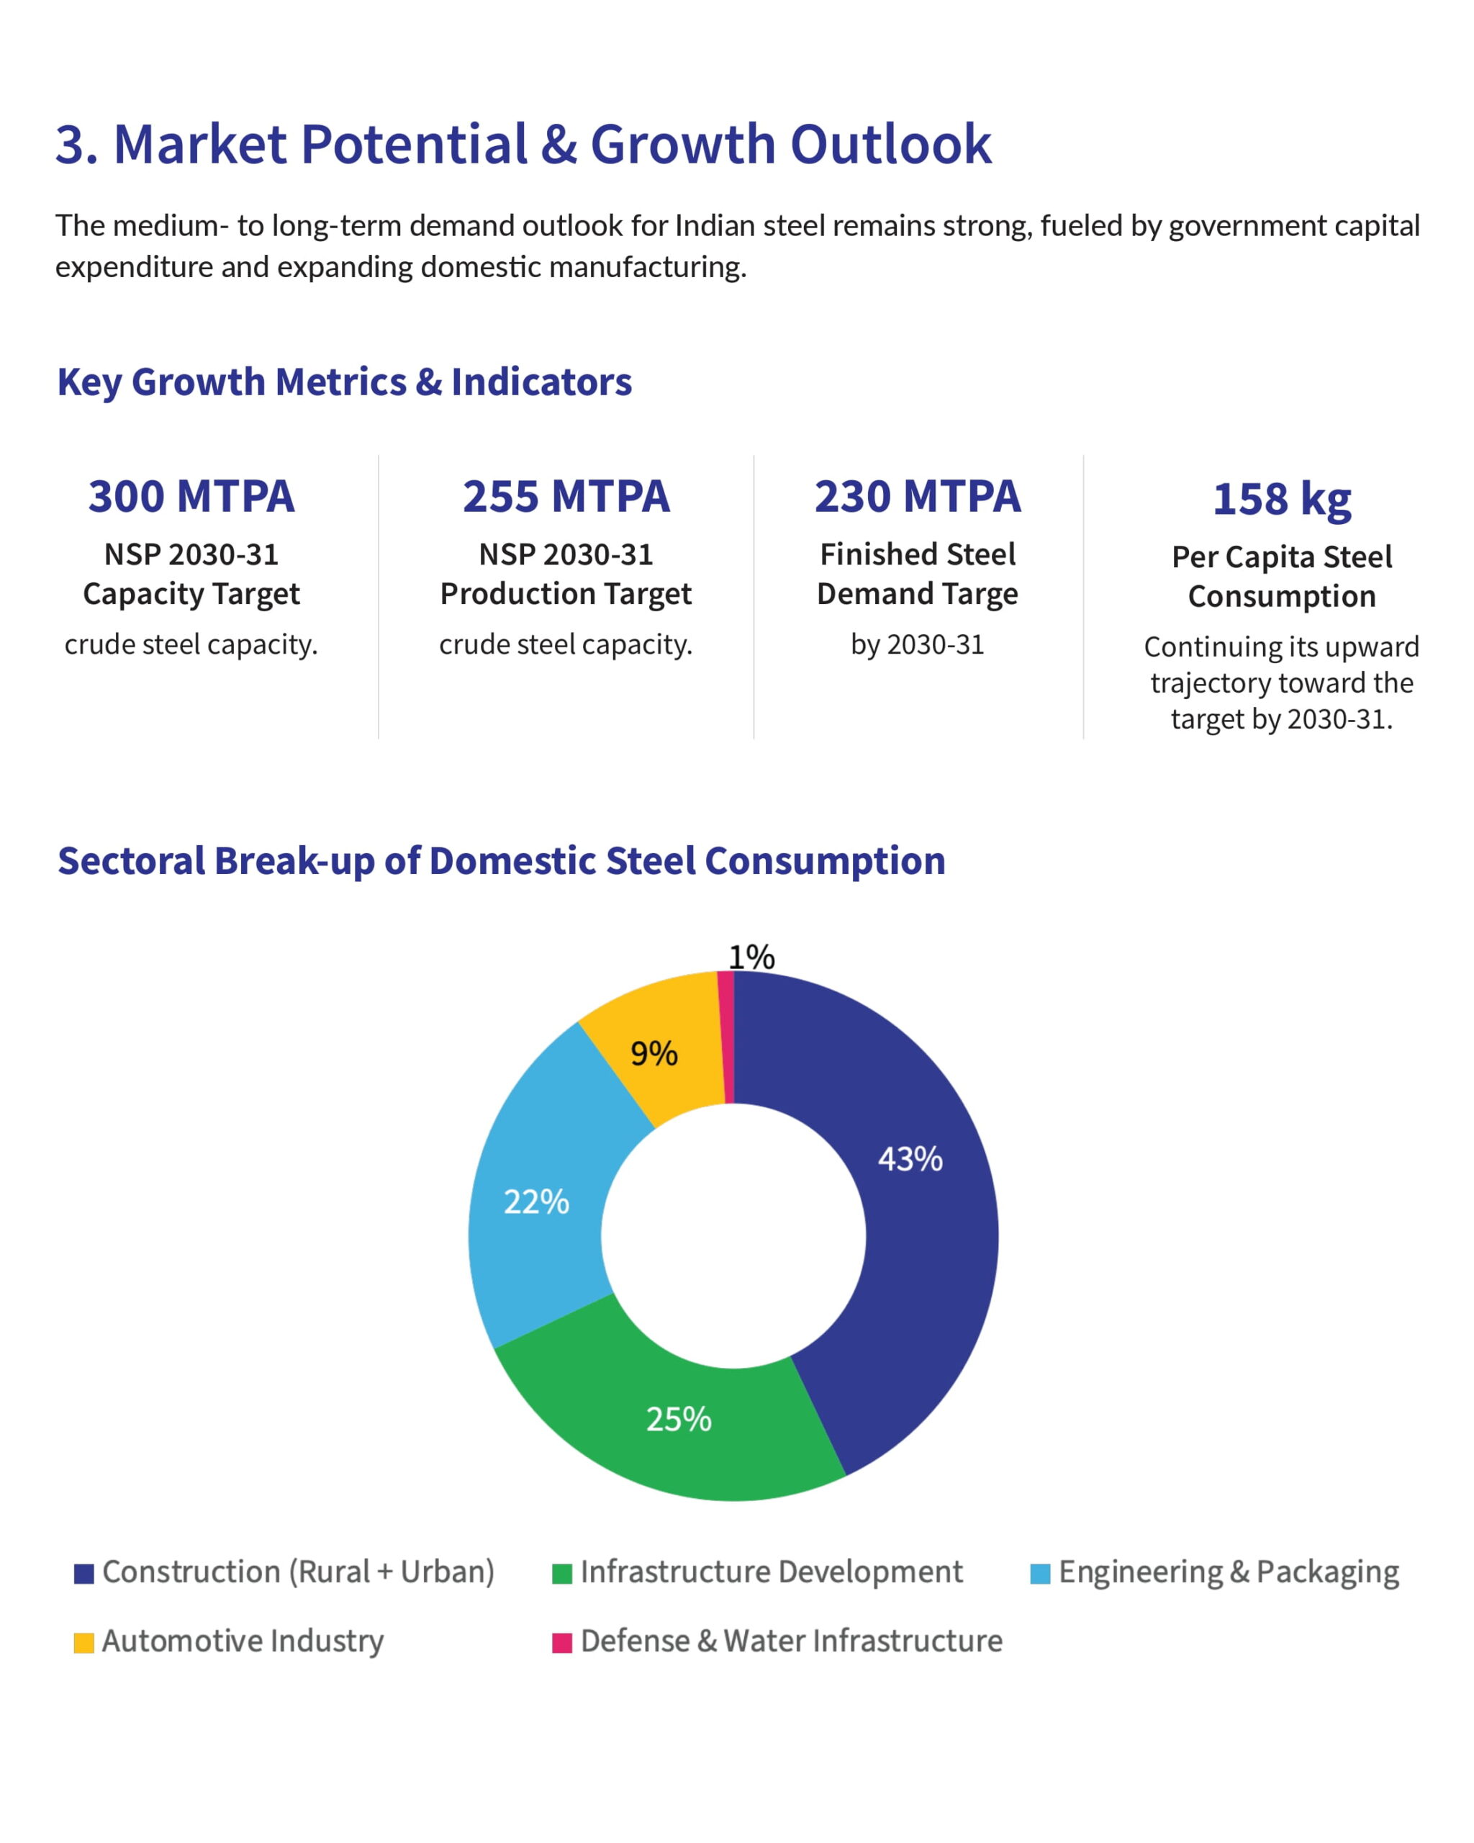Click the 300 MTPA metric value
191,497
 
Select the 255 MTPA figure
566,497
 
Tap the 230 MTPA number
917,497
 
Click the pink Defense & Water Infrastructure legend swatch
561,1643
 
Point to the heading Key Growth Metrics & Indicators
344,382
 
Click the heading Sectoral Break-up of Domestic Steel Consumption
502,861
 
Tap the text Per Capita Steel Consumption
1282,576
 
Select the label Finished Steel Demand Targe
917,574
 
